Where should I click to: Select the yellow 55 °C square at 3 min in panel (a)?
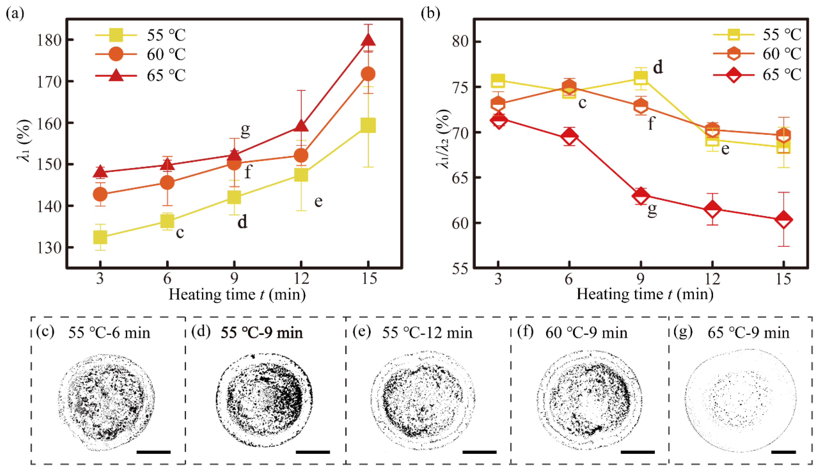coord(100,237)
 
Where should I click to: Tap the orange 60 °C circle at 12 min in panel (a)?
coord(301,155)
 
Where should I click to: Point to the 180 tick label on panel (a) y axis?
coord(49,40)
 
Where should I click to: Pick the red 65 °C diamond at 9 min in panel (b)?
coord(640,195)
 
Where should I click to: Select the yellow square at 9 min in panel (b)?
coord(640,78)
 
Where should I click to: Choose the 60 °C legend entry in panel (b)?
coord(757,54)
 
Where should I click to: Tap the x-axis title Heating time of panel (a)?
coord(237,295)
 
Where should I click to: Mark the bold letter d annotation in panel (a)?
coord(242,223)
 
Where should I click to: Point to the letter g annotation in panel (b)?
coord(652,210)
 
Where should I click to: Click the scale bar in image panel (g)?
coord(783,452)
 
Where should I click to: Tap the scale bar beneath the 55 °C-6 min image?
coord(154,452)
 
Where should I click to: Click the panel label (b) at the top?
coord(430,14)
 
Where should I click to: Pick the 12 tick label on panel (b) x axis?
coord(712,278)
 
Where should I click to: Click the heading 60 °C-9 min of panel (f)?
coord(586,333)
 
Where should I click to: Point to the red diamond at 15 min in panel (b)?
coord(783,220)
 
